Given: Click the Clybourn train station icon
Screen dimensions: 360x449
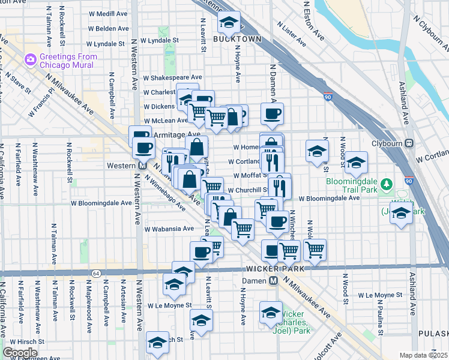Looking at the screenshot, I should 409,143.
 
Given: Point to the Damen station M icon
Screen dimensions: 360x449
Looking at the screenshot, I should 273,280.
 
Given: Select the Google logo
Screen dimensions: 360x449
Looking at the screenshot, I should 20,353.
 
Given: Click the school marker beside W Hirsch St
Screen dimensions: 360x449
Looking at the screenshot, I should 157,343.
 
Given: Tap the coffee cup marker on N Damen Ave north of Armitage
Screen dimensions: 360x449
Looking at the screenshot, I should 272,112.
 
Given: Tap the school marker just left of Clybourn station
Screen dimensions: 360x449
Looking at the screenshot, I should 356,161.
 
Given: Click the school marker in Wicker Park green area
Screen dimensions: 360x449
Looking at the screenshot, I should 271,311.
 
